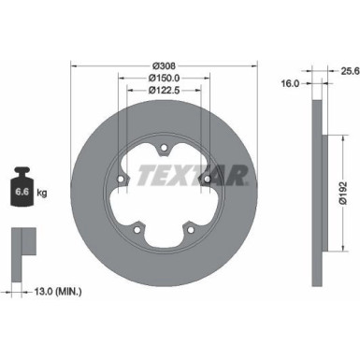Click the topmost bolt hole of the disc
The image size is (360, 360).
click(164, 145)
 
